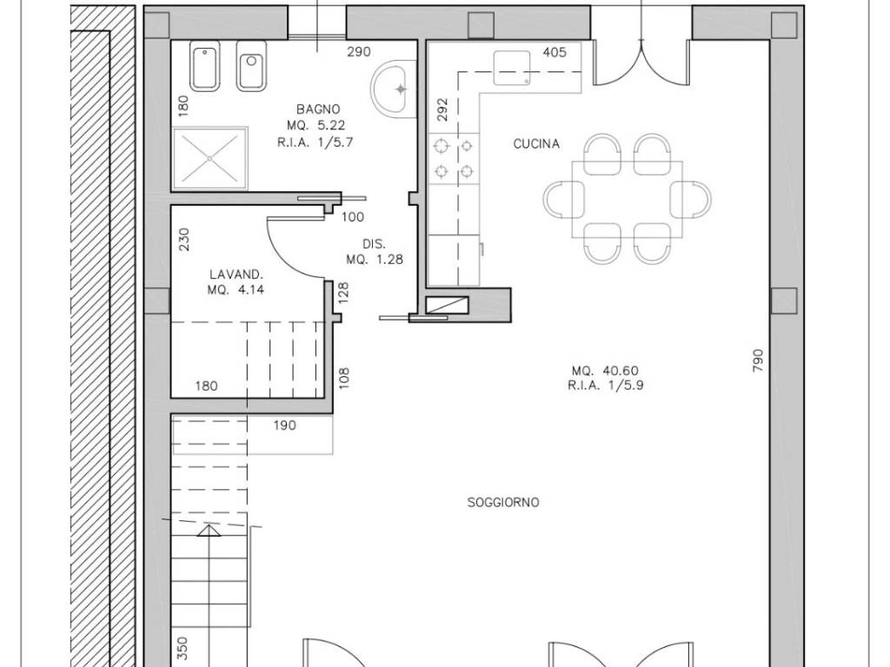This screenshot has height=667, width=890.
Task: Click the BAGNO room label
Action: (x=318, y=109)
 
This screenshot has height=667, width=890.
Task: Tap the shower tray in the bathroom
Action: (x=210, y=158)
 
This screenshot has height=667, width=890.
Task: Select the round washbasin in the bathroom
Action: (x=394, y=89)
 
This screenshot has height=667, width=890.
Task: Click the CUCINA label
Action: (x=536, y=144)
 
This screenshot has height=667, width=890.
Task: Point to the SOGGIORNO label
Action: (x=503, y=503)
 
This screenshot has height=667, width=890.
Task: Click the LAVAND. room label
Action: (x=236, y=274)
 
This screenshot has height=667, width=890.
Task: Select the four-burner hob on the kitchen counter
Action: (x=454, y=158)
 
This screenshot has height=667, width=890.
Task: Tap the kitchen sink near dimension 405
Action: (x=512, y=68)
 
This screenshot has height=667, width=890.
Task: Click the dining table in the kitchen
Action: (x=628, y=199)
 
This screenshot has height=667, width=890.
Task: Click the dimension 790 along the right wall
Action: (x=758, y=360)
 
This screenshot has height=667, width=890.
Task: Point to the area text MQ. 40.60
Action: (x=605, y=371)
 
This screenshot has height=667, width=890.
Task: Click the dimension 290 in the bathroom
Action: (x=359, y=51)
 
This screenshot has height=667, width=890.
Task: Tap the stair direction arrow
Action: (x=209, y=531)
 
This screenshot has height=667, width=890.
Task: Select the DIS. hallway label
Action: (x=374, y=244)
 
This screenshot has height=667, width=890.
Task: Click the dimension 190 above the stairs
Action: (x=284, y=426)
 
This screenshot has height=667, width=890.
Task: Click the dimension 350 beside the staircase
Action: (x=183, y=648)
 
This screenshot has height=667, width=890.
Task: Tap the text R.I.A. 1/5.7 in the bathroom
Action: (x=315, y=142)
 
